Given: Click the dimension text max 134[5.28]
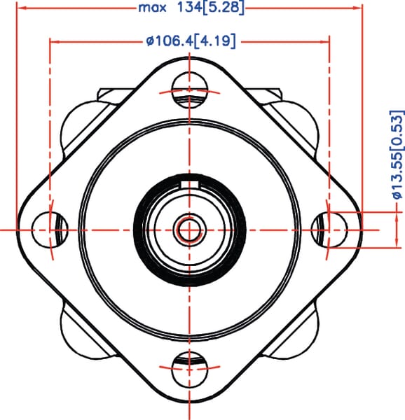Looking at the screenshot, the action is tap(191, 8).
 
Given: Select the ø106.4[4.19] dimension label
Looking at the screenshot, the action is tap(191, 41).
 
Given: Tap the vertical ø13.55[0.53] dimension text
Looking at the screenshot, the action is tap(397, 155).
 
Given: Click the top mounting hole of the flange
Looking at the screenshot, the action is tap(190, 90).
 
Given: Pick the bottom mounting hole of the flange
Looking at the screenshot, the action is tap(190, 370).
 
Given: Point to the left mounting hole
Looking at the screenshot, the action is tap(50, 230).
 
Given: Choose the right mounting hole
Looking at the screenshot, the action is tap(329, 230).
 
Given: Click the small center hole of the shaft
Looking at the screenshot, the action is tap(190, 230).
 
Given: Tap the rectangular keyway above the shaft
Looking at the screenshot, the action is tap(190, 185).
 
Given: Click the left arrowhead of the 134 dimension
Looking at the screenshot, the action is tap(22, 8).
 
